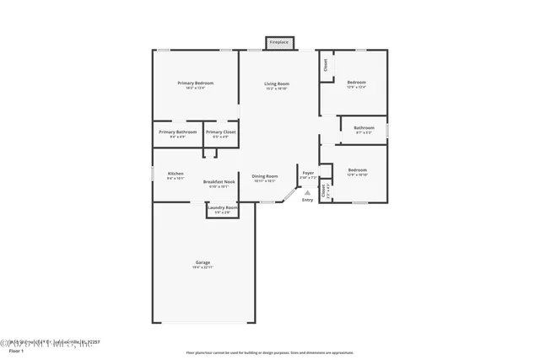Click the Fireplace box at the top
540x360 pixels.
(278, 42)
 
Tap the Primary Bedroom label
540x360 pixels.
(195, 83)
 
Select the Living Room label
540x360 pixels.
(277, 83)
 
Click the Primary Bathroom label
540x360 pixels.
(178, 132)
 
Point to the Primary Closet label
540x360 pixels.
(221, 132)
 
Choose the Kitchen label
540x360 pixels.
(175, 174)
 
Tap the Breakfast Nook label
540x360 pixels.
(219, 182)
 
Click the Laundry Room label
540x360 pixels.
(223, 207)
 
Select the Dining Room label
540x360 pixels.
(265, 175)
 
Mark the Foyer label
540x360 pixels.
(308, 174)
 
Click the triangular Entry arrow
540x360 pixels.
(307, 192)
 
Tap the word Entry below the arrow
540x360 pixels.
(307, 200)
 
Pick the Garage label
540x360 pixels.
(203, 262)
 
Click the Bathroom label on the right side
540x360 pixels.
(364, 127)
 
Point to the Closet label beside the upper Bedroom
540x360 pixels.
(325, 66)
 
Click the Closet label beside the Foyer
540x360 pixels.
(324, 191)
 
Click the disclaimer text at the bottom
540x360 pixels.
(269, 352)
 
